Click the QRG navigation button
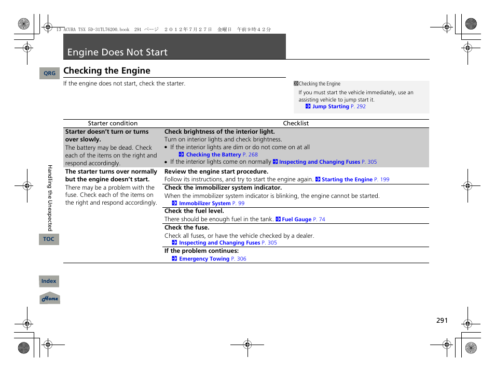(x=49, y=74)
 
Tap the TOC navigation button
(x=49, y=239)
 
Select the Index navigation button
(x=49, y=281)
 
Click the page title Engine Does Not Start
(x=117, y=52)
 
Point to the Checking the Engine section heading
(x=107, y=70)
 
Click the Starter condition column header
(x=113, y=123)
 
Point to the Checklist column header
(x=296, y=123)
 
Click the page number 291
(x=442, y=321)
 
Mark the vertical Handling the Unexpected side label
(x=50, y=198)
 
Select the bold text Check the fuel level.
(x=194, y=211)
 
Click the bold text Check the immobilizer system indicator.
(x=223, y=188)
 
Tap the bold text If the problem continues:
(x=194, y=251)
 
